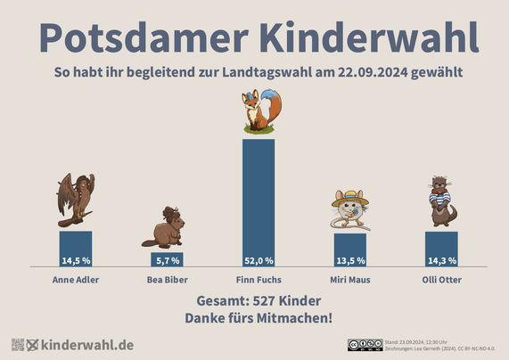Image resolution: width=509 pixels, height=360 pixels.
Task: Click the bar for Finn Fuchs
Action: coord(259,196)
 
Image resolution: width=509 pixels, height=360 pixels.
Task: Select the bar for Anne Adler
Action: coord(76,243)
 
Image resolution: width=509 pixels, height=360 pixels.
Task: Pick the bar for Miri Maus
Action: coord(350,244)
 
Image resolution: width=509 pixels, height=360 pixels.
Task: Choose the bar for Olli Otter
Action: coord(441,243)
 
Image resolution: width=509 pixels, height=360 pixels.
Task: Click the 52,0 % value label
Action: coord(259,261)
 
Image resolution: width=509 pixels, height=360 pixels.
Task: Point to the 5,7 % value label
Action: coord(167,261)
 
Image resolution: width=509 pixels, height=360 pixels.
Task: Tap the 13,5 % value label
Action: coord(350,261)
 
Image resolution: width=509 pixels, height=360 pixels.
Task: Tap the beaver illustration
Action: coord(165,228)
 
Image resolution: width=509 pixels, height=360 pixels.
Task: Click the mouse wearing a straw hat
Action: coord(350,210)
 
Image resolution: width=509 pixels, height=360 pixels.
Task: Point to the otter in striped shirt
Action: coord(441,202)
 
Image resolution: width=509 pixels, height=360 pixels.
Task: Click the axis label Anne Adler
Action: coord(76,280)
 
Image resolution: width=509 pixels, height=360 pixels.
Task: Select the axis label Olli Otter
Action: coord(441,280)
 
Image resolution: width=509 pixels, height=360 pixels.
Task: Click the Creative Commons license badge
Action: coord(365,345)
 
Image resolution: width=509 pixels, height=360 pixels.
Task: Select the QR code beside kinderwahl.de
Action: coord(17,345)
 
